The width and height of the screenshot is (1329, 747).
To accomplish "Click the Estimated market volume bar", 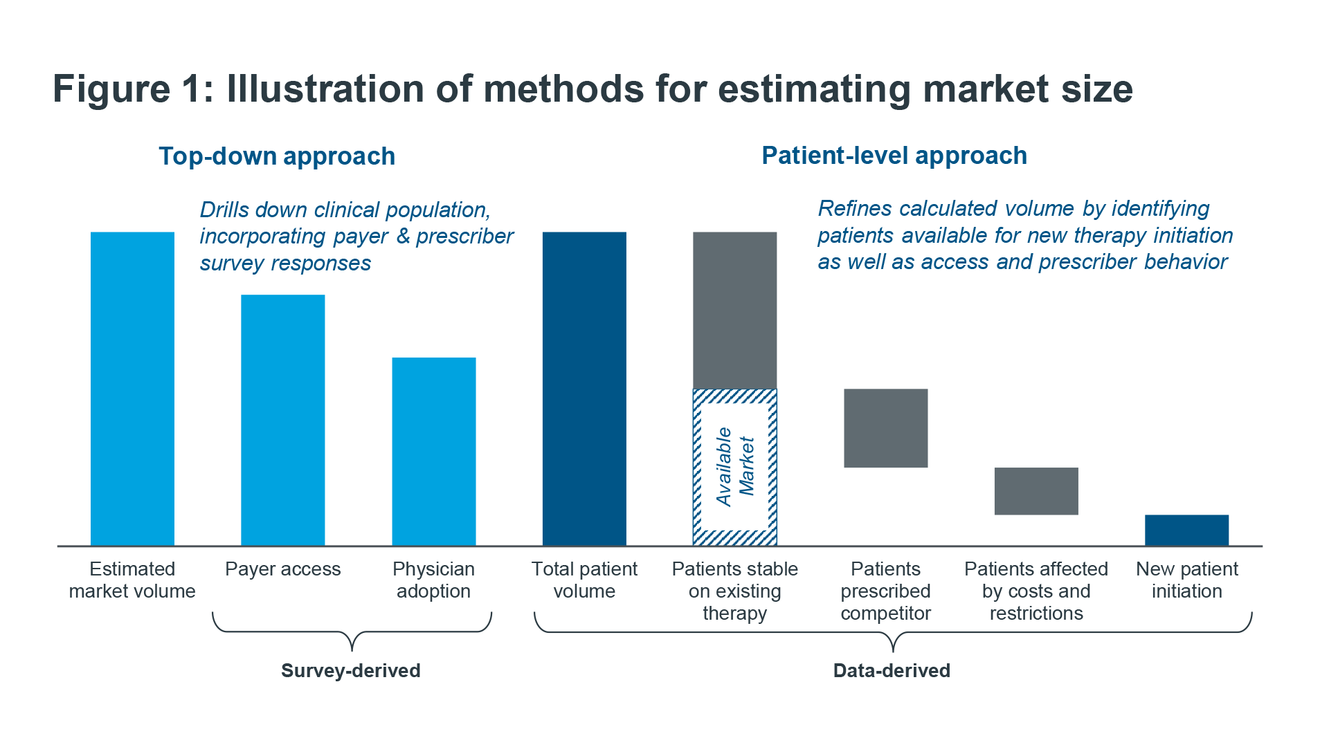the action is [132, 389].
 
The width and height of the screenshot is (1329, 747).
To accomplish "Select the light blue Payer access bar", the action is [283, 421].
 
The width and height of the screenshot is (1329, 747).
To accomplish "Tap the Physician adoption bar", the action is [434, 452].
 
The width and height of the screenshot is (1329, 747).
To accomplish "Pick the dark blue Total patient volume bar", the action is [584, 389].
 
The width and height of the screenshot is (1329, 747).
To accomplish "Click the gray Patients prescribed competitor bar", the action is [886, 428].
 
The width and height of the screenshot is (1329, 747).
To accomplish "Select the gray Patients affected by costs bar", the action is [1036, 491].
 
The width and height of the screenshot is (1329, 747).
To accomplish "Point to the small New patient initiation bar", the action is [1187, 531].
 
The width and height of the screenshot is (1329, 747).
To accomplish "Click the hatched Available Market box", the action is [735, 468].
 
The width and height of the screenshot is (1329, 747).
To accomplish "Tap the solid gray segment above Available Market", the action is [735, 311].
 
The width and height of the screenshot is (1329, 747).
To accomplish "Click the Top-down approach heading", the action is [277, 156].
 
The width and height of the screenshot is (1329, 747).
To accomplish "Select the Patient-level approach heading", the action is [894, 156].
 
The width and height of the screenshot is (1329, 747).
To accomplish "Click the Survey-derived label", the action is [351, 670].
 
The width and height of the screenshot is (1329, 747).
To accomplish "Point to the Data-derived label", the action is [892, 670].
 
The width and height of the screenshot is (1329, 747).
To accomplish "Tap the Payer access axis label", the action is [283, 569].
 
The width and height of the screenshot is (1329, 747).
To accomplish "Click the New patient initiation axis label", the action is [1187, 580].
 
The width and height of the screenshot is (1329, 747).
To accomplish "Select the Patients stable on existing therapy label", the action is [735, 591].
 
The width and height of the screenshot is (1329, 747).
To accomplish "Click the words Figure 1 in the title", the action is [134, 89].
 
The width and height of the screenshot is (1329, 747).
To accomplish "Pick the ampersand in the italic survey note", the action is [404, 237].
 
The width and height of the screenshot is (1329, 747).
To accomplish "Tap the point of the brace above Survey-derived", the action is [352, 650].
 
